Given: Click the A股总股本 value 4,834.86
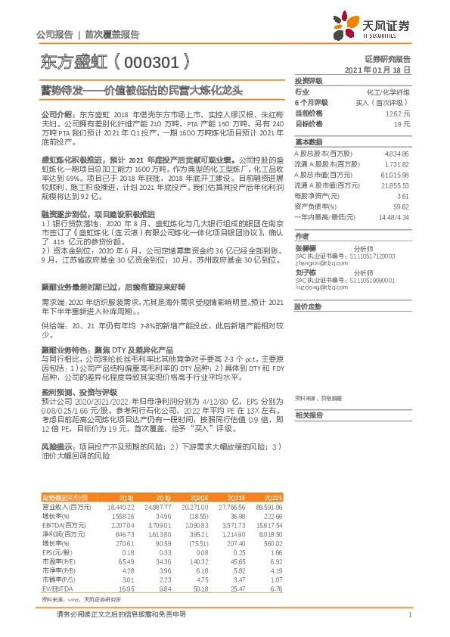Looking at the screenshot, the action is [396, 153].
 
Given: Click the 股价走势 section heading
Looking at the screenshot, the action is [308, 306].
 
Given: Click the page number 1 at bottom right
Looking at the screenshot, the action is [408, 615].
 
